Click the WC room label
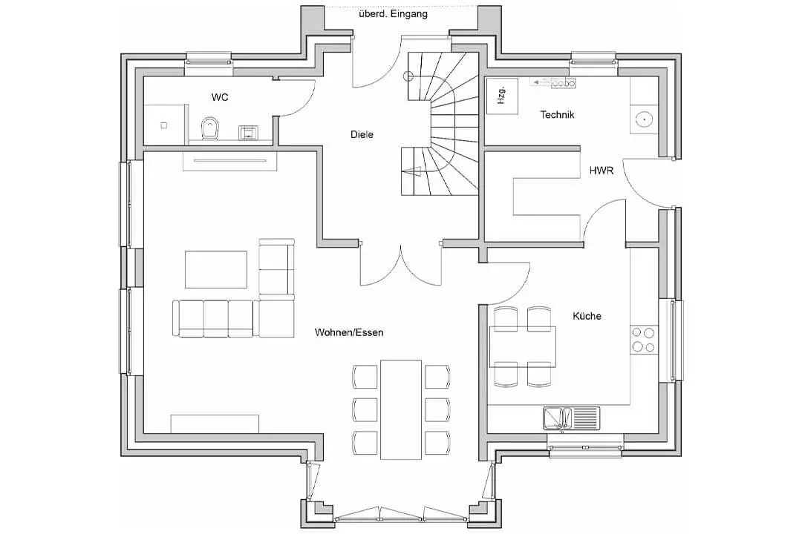point(220,97)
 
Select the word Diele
point(362,134)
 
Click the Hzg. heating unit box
point(502,96)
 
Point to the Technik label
point(557,114)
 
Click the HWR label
point(601,171)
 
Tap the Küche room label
point(587,316)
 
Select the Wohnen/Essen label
point(349,332)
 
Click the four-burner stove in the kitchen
point(643,340)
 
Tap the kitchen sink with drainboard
point(571,418)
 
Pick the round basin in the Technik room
point(643,119)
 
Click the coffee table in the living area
point(216,269)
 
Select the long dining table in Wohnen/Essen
point(401,409)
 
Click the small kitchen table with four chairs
point(522,346)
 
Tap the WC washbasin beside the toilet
point(249,133)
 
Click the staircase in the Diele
point(440,123)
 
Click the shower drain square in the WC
point(163,125)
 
